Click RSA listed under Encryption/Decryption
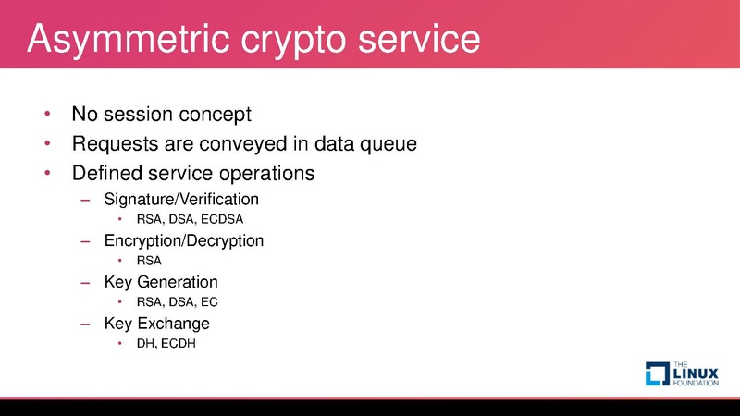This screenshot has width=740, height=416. pyautogui.click(x=149, y=261)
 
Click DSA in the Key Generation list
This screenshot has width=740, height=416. pyautogui.click(x=181, y=302)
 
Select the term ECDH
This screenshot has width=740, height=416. pyautogui.click(x=179, y=344)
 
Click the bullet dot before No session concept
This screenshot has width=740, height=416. pyautogui.click(x=46, y=116)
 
